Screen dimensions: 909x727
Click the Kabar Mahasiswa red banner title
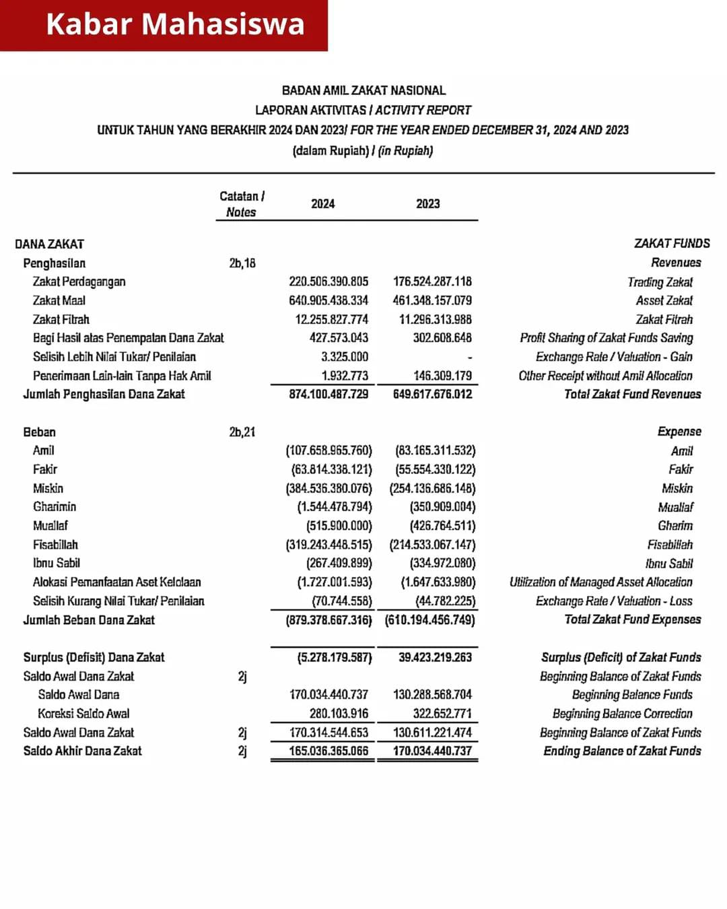[175, 24]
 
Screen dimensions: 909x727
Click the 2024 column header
[322, 204]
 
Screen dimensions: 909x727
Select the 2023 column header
[427, 204]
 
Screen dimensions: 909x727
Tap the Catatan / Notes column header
[242, 204]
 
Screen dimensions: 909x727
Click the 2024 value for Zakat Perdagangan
[328, 281]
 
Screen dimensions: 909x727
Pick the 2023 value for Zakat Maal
[432, 300]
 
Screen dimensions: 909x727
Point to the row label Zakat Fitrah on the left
[61, 319]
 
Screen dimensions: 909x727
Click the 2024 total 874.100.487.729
[328, 394]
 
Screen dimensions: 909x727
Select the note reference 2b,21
[242, 432]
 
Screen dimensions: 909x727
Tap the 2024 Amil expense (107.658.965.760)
[328, 450]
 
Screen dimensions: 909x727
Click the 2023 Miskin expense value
[432, 488]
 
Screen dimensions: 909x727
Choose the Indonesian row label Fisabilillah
[55, 544]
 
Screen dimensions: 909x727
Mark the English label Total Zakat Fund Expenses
[632, 619]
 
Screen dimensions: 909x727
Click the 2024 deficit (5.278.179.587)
[334, 657]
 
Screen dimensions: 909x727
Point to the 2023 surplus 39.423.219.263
[435, 657]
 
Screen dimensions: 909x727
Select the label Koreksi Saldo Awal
[83, 713]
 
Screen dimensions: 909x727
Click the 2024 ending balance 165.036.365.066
[328, 751]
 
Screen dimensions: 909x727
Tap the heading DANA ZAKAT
[49, 244]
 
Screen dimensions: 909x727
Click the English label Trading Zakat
[660, 282]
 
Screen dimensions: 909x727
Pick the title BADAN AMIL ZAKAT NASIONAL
[363, 90]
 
